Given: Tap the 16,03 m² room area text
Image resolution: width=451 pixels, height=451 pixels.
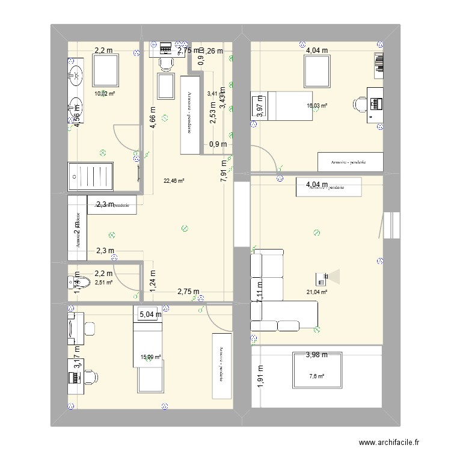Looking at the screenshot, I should (317, 106).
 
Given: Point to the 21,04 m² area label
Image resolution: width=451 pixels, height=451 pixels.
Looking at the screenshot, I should (316, 292).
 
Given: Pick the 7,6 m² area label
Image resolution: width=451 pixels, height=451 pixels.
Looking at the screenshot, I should (317, 376).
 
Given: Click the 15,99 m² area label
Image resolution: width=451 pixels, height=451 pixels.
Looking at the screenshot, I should (150, 357).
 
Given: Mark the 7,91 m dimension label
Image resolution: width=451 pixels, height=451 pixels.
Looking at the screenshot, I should (224, 170).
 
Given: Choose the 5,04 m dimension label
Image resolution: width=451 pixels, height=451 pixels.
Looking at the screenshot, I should (150, 314).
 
